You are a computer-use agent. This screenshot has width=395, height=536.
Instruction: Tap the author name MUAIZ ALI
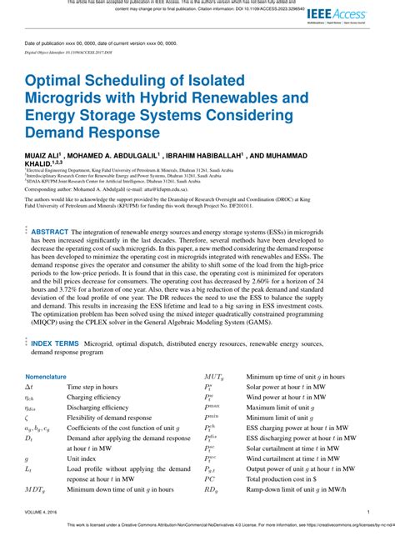click(x=45, y=155)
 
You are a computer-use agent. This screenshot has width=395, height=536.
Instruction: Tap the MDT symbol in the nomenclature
click(x=35, y=489)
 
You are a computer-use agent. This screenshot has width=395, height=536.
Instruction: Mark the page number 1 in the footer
click(x=368, y=513)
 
